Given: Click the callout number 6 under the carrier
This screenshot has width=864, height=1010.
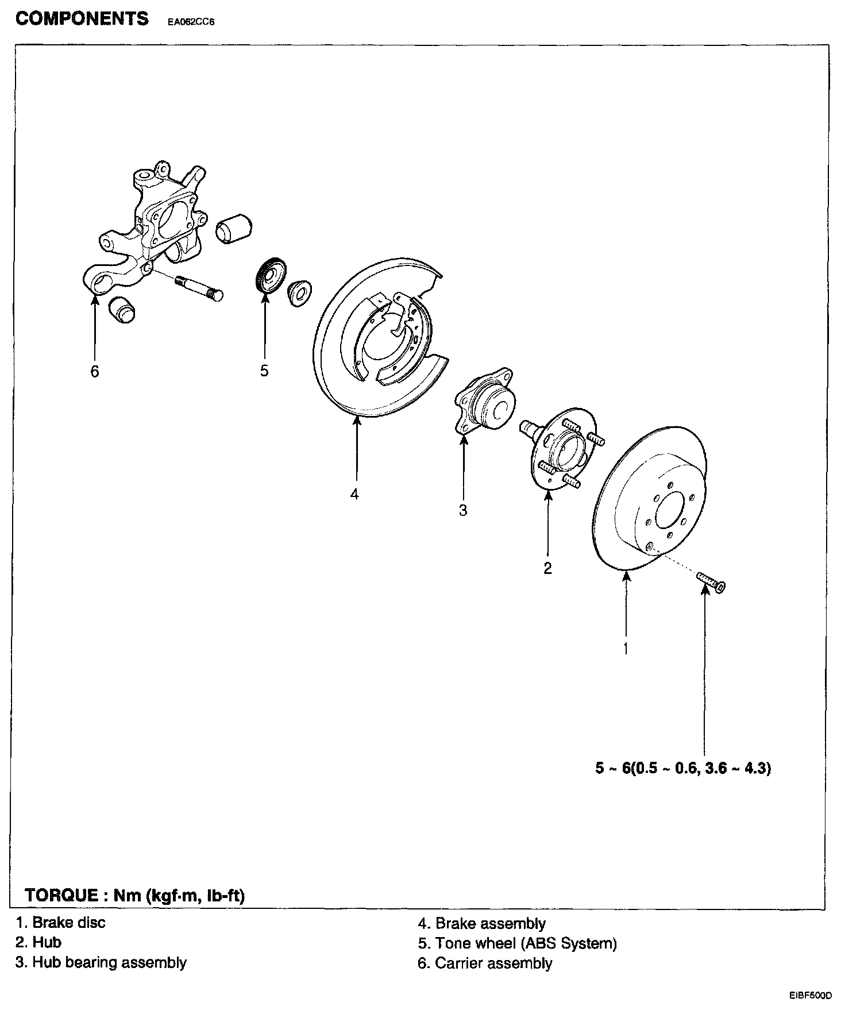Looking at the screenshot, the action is pyautogui.click(x=95, y=372).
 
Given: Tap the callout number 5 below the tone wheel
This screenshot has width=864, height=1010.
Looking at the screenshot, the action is pyautogui.click(x=264, y=371).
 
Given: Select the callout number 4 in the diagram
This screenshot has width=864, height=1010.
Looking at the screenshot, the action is pyautogui.click(x=354, y=494).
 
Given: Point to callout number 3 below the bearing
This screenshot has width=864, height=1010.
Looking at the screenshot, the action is pyautogui.click(x=463, y=510).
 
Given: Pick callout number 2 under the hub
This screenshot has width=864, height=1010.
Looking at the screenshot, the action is pyautogui.click(x=547, y=568).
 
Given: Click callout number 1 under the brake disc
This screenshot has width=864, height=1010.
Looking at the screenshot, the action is pyautogui.click(x=626, y=648).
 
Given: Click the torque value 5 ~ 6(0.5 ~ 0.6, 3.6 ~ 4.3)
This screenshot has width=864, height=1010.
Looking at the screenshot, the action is pyautogui.click(x=683, y=768).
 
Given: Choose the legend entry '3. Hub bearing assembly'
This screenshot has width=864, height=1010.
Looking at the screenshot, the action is pyautogui.click(x=101, y=962).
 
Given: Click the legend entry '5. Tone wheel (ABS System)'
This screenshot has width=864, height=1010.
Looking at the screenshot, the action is pyautogui.click(x=517, y=943).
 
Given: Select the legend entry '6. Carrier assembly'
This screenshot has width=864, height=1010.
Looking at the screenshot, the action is pyautogui.click(x=485, y=963).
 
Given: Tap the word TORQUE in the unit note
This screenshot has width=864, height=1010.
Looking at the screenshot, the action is pyautogui.click(x=61, y=895).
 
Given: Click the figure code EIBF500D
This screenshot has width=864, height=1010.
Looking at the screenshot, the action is pyautogui.click(x=810, y=995).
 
